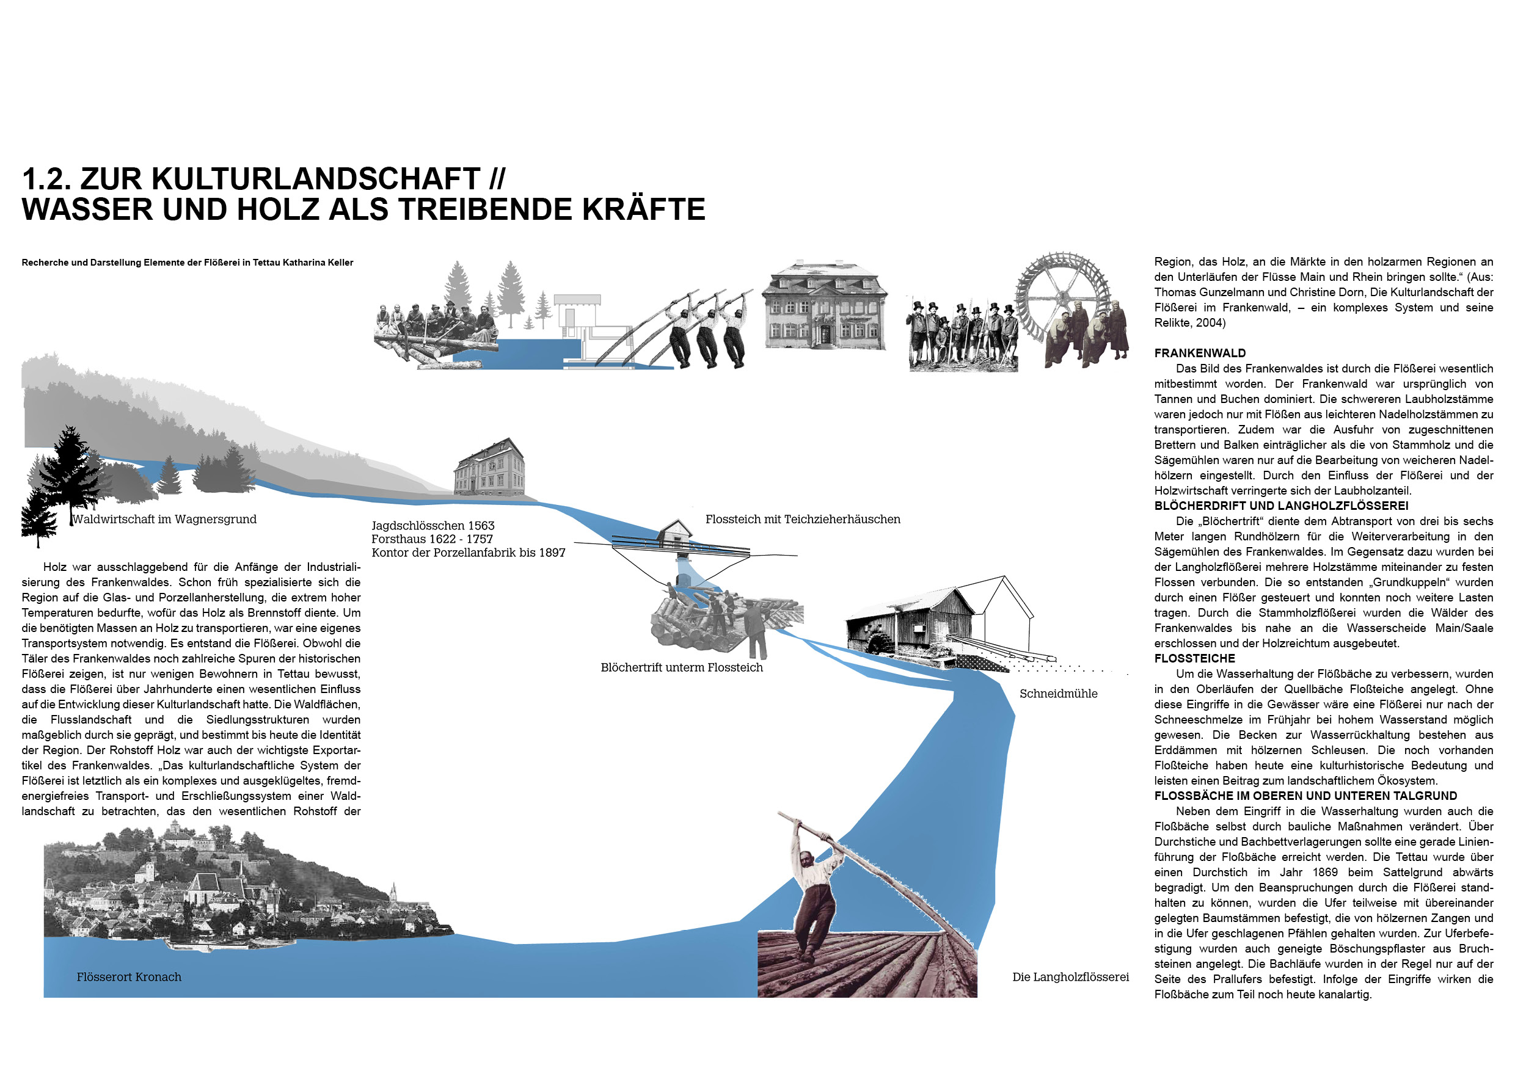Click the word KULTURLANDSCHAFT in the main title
(x=280, y=179)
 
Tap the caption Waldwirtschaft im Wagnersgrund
(x=164, y=519)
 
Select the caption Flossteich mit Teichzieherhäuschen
(x=802, y=519)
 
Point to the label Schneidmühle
(x=1059, y=693)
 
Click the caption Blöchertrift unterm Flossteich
(x=682, y=667)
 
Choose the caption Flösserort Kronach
(x=129, y=977)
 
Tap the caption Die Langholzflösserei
(x=1070, y=977)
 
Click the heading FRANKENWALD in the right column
(x=1200, y=353)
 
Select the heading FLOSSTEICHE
(x=1194, y=658)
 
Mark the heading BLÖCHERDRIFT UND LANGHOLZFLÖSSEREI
(x=1282, y=506)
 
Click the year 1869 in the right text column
(x=1324, y=872)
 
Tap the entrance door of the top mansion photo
(x=825, y=333)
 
